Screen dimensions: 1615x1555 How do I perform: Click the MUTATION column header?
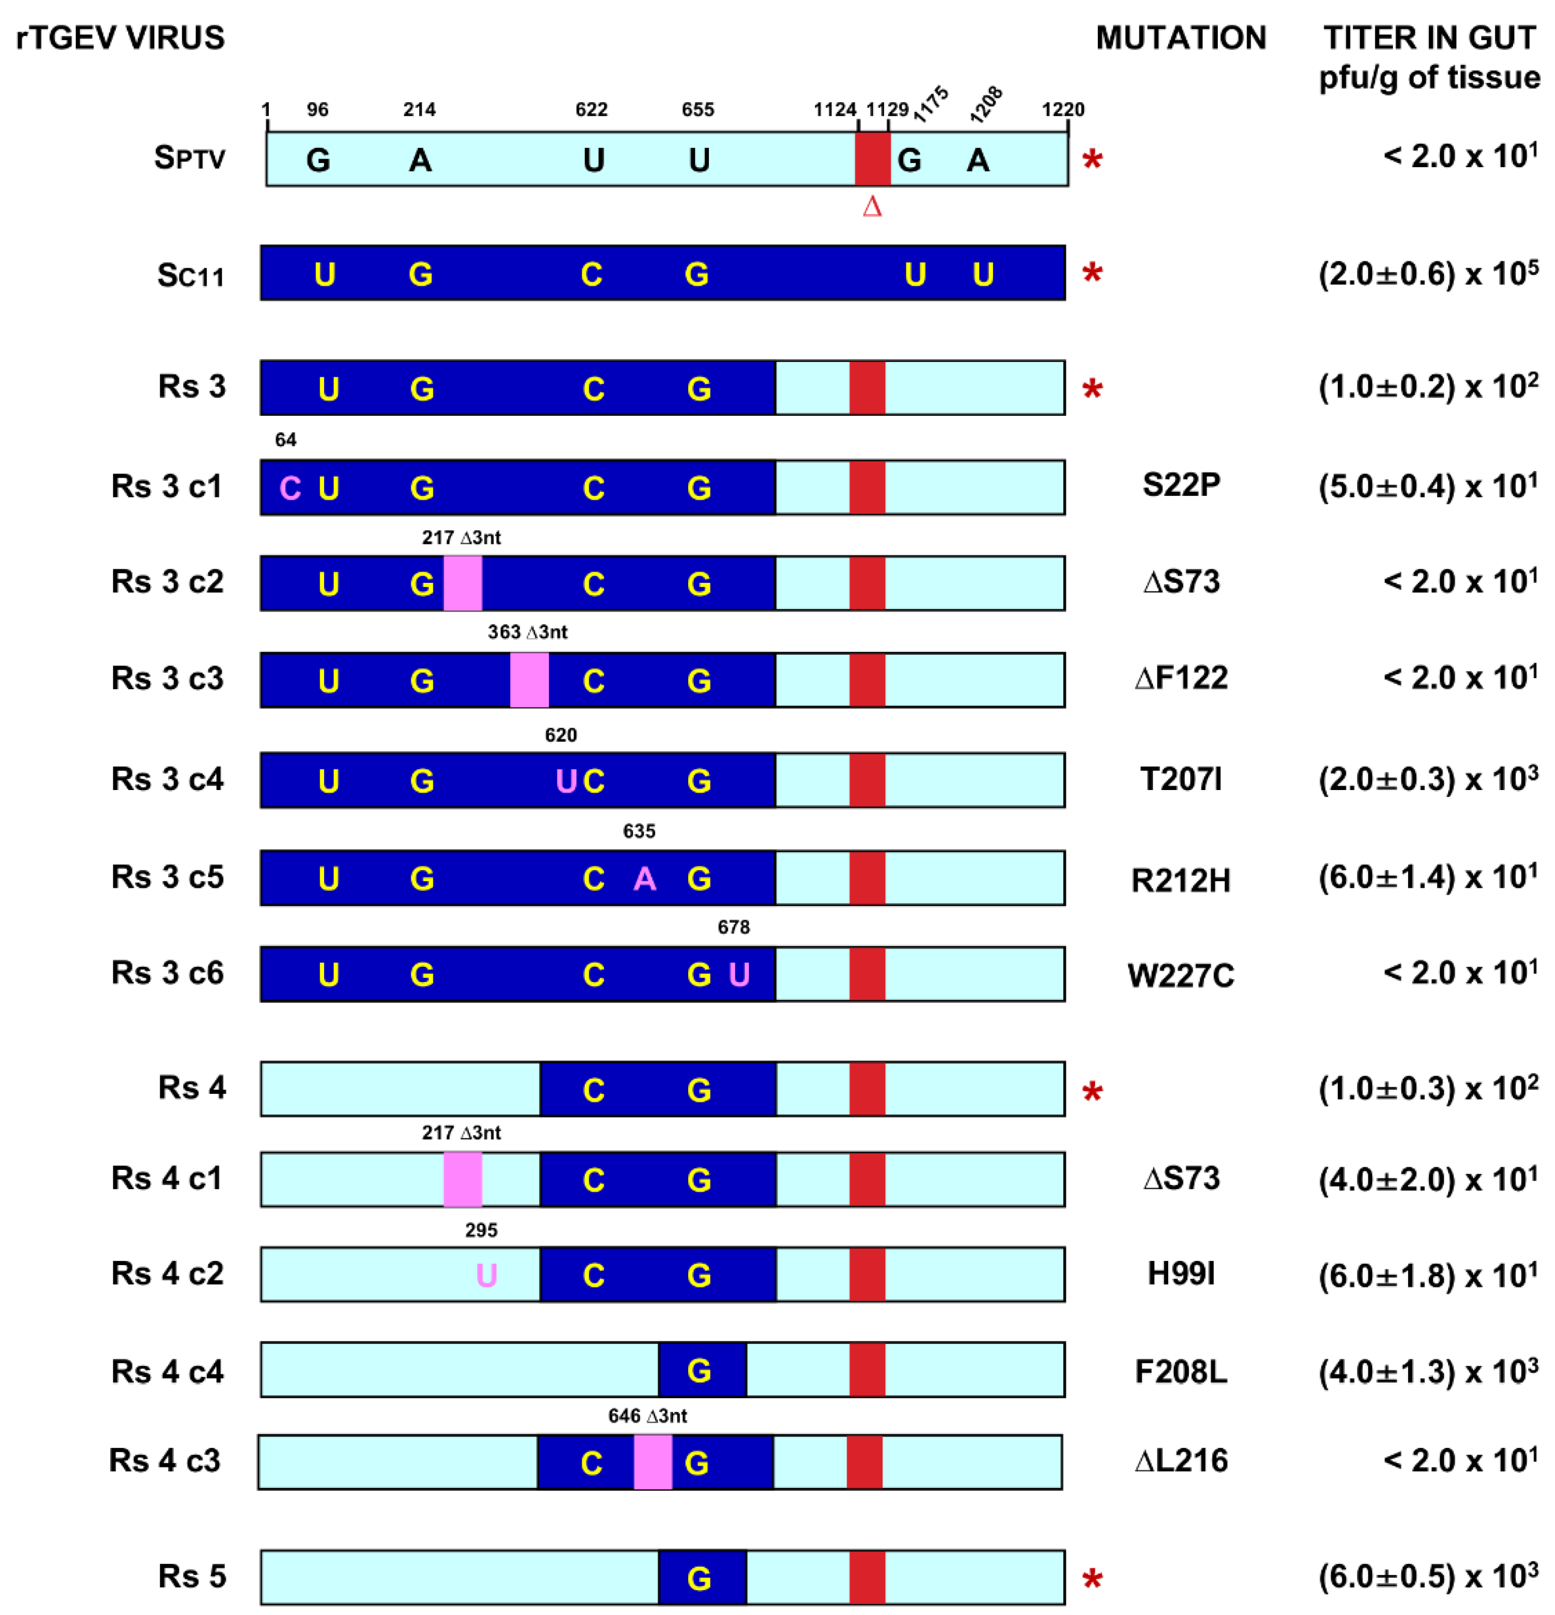1180,38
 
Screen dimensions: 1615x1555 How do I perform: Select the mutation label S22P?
1180,485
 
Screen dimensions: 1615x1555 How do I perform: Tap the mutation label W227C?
1180,975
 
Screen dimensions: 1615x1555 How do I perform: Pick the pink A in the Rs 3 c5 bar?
645,879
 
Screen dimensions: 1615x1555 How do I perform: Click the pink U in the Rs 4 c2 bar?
486,1276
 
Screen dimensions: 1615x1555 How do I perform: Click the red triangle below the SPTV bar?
872,206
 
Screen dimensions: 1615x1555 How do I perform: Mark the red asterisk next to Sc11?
1092,273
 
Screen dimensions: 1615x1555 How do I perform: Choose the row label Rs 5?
191,1575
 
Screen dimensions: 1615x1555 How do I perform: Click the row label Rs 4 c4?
167,1371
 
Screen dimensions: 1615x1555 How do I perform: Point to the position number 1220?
1062,109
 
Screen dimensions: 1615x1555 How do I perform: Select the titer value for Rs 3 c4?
1427,779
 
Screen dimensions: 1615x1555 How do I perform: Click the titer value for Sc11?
1427,273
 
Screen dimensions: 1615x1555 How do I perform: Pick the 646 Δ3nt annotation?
647,1415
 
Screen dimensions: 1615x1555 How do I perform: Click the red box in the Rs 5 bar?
867,1577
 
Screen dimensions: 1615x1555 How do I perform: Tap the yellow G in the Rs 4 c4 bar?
699,1371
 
